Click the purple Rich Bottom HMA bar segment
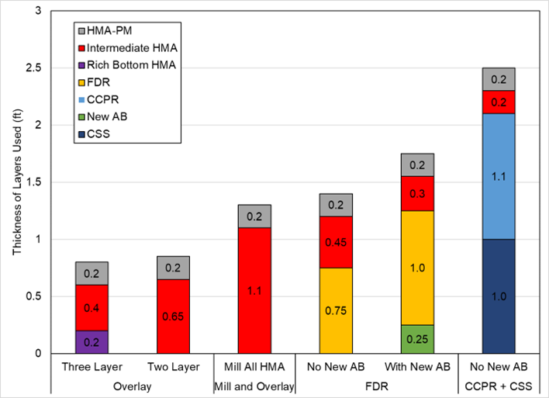pyautogui.click(x=91, y=342)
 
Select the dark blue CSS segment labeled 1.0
pyautogui.click(x=499, y=296)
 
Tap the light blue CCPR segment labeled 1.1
pyautogui.click(x=499, y=176)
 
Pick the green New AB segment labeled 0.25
pyautogui.click(x=417, y=339)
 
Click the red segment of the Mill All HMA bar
pyautogui.click(x=254, y=290)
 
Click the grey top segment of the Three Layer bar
pyautogui.click(x=91, y=273)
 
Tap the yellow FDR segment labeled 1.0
pyautogui.click(x=417, y=268)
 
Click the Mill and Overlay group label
pyautogui.click(x=254, y=385)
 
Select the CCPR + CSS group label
pyautogui.click(x=499, y=385)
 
